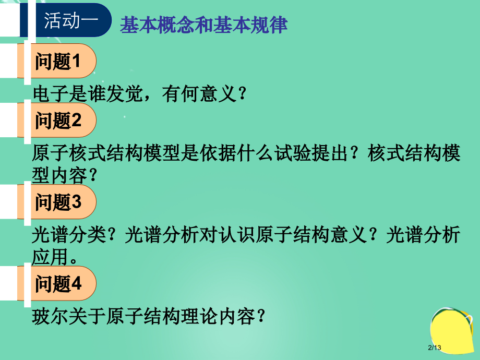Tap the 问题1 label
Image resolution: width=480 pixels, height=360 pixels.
tap(58, 62)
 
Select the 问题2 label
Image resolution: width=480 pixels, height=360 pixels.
tap(58, 121)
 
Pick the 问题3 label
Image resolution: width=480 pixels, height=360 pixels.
tap(58, 202)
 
